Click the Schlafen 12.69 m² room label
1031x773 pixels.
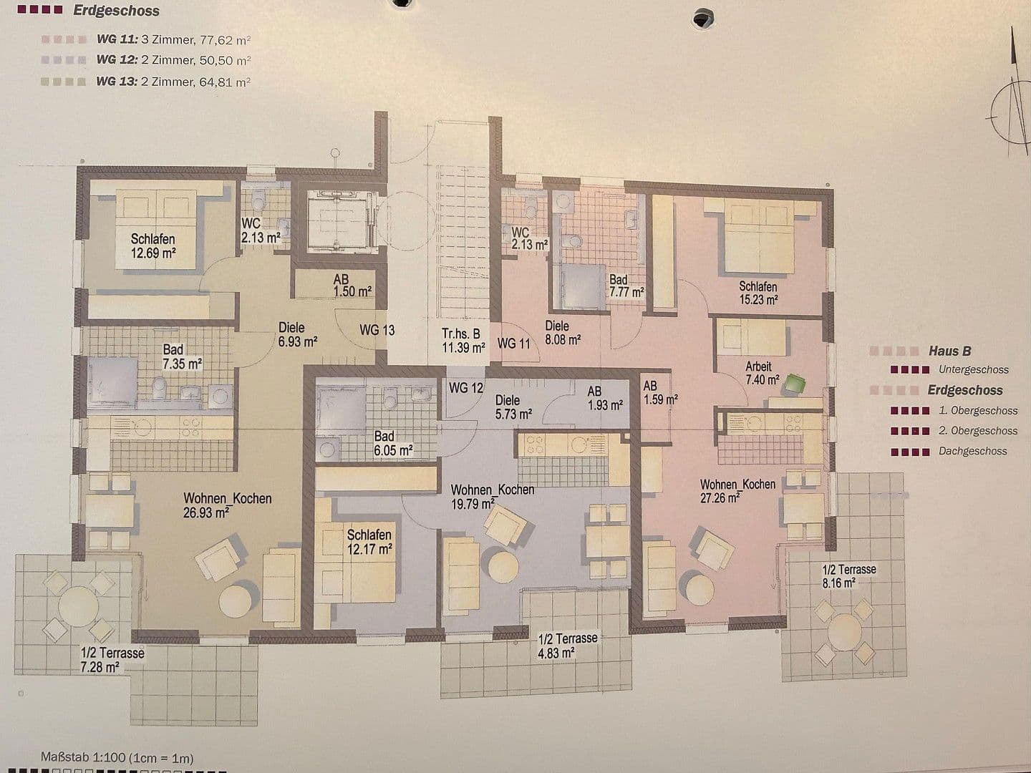[x=153, y=245]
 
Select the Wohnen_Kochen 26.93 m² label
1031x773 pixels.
[x=227, y=505]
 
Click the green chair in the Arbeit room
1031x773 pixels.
[x=793, y=384]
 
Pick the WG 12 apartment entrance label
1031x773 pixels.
[x=466, y=387]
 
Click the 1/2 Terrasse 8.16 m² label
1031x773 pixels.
[x=849, y=576]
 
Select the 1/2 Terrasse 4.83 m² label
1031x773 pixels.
[x=567, y=645]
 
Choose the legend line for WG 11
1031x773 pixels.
[x=173, y=39]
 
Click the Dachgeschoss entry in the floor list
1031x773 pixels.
[x=972, y=452]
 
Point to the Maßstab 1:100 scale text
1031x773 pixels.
[x=117, y=757]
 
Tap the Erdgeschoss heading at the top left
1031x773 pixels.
[x=116, y=11]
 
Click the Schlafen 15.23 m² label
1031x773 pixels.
[x=758, y=293]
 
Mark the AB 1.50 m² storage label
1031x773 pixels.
[x=352, y=286]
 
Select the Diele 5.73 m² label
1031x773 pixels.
[x=513, y=407]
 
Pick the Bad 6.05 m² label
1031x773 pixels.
[x=393, y=443]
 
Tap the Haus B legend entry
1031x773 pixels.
[x=949, y=351]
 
